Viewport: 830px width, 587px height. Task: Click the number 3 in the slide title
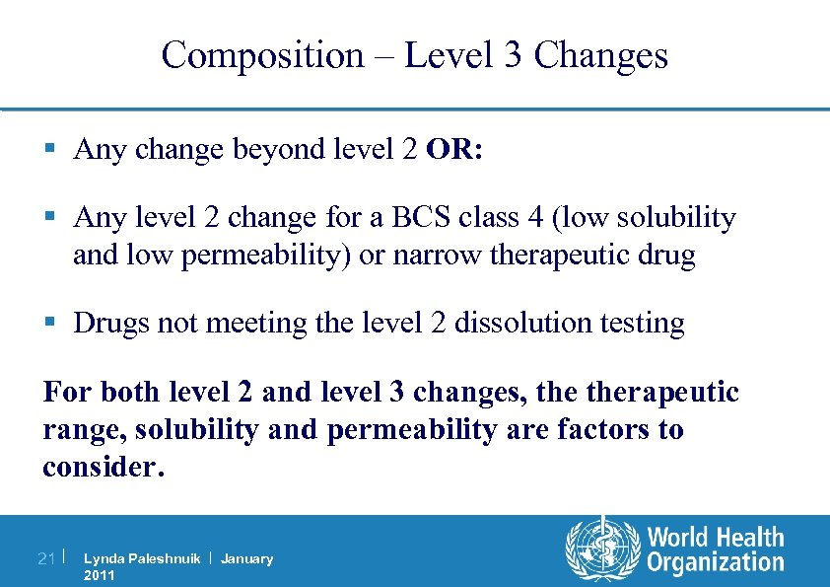click(x=513, y=55)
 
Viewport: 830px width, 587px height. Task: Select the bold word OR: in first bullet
click(x=454, y=149)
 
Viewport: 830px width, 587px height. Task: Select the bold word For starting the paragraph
click(x=65, y=392)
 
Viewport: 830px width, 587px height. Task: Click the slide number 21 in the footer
click(x=45, y=559)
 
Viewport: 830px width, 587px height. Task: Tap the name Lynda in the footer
click(x=103, y=559)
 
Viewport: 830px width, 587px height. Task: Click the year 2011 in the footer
click(x=100, y=575)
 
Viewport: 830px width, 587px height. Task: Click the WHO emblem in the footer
click(x=601, y=550)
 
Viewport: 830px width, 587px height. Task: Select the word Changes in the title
click(x=601, y=55)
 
